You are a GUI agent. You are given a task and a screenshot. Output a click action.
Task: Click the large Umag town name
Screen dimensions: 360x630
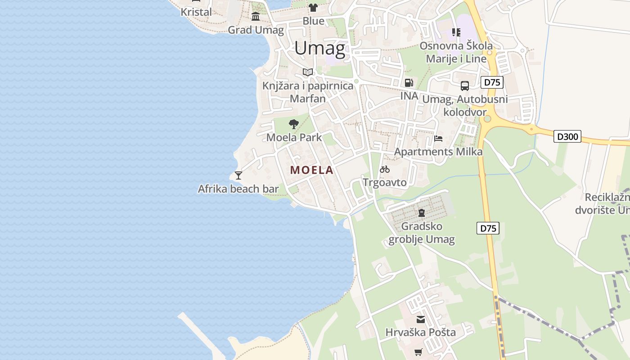(319, 48)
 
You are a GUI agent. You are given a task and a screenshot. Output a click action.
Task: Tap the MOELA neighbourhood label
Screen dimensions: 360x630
(312, 170)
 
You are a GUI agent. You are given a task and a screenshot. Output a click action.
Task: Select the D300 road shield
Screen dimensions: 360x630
(567, 136)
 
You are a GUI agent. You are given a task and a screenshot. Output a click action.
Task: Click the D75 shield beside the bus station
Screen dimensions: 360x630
(492, 82)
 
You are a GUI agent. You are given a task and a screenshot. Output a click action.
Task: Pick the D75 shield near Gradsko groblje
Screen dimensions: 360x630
(488, 228)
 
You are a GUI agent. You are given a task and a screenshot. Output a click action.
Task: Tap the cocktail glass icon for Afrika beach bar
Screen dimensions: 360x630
(238, 175)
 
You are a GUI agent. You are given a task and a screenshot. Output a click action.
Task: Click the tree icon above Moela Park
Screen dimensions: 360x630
(294, 124)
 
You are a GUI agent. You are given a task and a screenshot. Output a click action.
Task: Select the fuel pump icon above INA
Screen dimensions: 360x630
(409, 83)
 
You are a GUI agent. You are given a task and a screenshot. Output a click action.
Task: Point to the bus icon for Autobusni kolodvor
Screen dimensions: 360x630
(465, 86)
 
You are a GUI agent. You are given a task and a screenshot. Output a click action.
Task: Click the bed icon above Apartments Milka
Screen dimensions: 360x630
(438, 139)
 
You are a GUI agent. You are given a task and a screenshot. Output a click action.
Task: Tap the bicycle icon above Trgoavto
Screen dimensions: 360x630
(385, 170)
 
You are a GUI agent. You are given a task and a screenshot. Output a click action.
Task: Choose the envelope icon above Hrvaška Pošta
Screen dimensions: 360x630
(420, 319)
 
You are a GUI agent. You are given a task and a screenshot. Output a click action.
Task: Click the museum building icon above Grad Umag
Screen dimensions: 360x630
(256, 17)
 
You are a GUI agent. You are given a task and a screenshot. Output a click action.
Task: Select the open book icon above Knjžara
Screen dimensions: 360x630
(308, 72)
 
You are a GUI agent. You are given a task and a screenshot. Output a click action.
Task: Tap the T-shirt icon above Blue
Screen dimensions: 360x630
(313, 8)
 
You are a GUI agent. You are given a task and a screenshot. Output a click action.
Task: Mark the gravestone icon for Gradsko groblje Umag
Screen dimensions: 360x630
(422, 213)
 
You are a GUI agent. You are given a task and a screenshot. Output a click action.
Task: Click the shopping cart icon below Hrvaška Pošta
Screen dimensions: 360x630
(418, 352)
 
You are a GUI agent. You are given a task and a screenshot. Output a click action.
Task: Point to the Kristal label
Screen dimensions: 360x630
(196, 12)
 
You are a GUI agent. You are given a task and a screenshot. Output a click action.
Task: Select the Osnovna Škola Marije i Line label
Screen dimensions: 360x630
(456, 52)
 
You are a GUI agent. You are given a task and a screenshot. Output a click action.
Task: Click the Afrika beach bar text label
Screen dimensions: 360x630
(238, 189)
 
